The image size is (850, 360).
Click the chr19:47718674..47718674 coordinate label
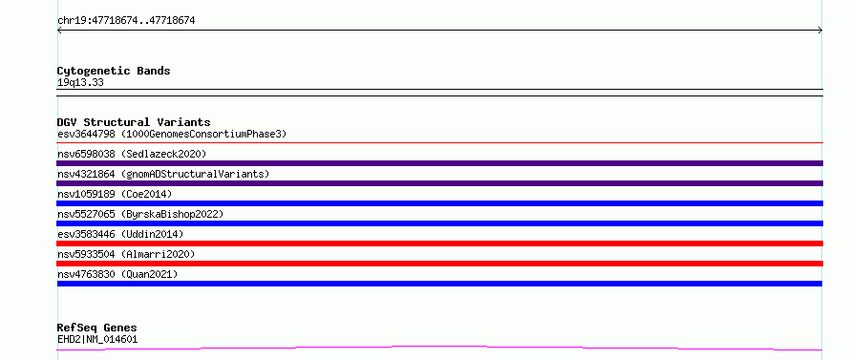(126, 21)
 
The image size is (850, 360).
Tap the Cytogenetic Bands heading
(114, 71)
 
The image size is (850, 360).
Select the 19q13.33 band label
(80, 83)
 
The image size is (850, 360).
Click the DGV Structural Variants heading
(134, 122)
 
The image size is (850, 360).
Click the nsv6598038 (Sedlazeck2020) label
(132, 154)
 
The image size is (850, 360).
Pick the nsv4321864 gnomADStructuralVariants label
(163, 174)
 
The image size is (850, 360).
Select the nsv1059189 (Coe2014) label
(115, 194)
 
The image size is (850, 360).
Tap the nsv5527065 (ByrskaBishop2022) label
(140, 214)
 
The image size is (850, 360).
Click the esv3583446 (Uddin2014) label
(120, 234)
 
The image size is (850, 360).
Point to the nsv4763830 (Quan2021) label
(117, 274)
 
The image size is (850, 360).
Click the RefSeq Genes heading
(96, 328)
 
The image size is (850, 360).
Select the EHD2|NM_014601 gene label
(97, 340)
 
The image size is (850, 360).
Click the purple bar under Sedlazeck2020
(439, 163)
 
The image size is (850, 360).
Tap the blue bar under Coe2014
(439, 203)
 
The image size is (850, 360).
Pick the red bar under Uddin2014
(439, 244)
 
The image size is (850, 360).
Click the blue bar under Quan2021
(439, 284)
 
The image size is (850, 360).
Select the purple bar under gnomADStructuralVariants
(439, 183)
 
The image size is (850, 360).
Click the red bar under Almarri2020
(439, 264)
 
